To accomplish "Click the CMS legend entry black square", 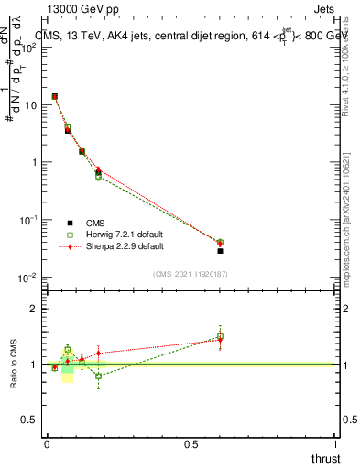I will pos(70,222).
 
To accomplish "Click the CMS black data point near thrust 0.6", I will pos(220,250).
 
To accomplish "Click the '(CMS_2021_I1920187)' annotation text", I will pos(190,273).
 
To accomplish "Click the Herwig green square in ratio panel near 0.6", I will pos(220,337).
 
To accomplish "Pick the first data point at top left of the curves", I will pos(55,96).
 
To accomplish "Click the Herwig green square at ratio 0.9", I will pos(98,376).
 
